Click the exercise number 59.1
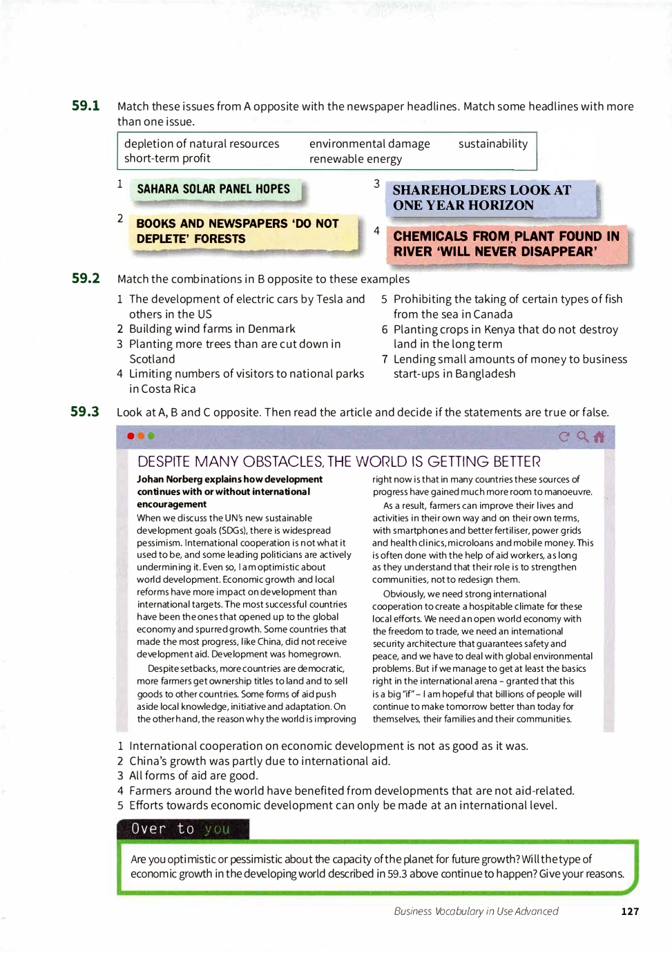coord(86,106)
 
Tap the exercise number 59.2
coord(86,278)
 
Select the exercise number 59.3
coord(85,412)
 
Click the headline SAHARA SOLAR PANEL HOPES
coord(213,189)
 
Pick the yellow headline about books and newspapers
coord(238,231)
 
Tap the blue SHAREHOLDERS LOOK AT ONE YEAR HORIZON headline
coord(482,198)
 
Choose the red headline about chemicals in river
coord(506,244)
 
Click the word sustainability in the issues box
coord(492,144)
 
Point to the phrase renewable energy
coord(355,159)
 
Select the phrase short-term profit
coord(167,158)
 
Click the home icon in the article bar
coord(599,436)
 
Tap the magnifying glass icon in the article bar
coord(582,436)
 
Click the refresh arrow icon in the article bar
coord(564,436)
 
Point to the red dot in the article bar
coord(131,436)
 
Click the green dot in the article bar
coord(151,436)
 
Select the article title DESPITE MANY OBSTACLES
coord(338,461)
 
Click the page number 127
coord(630,911)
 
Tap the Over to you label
coord(181,829)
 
